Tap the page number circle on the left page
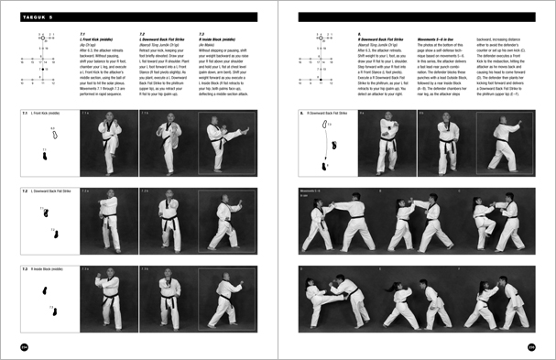click(x=24, y=345)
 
